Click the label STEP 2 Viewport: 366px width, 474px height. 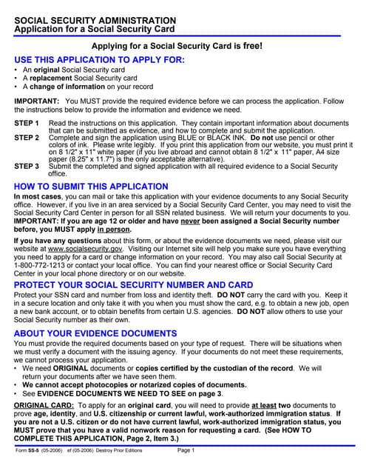pyautogui.click(x=27, y=138)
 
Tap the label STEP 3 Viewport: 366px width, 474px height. pyautogui.click(x=27, y=166)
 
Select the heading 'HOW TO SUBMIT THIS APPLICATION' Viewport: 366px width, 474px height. pyautogui.click(x=86, y=186)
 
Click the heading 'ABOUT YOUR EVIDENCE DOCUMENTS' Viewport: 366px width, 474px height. pyautogui.click(x=95, y=333)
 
